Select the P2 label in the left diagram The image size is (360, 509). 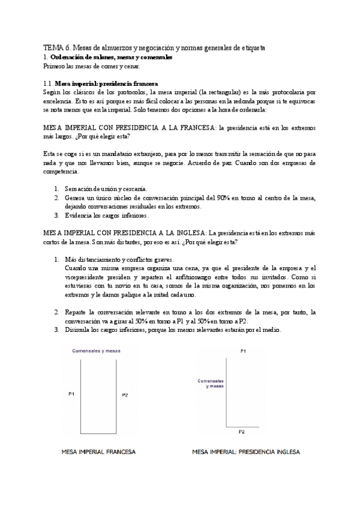124,396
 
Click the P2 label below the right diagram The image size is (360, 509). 241,432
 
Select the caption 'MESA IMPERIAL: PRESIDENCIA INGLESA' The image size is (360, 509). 246,451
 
